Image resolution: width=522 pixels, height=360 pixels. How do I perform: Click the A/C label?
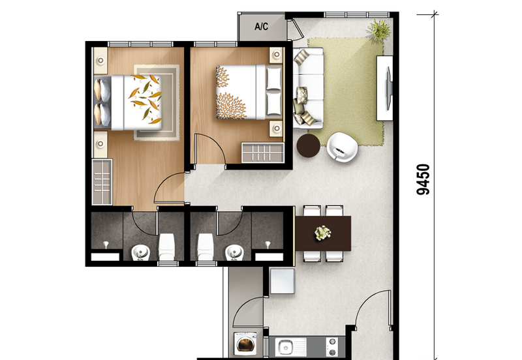tap(262, 26)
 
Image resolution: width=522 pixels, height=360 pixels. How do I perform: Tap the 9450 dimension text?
tap(423, 179)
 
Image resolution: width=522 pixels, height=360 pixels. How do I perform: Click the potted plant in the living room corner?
tap(380, 29)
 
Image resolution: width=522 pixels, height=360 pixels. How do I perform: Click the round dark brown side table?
tap(308, 145)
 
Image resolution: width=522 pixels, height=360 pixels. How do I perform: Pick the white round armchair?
tap(342, 147)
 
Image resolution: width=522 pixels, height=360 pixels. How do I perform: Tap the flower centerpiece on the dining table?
tap(322, 233)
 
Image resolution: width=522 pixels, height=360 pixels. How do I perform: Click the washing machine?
tap(245, 344)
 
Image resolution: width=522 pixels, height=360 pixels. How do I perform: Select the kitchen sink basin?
tap(286, 347)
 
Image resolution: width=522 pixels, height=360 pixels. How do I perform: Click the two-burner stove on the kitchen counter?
tap(332, 347)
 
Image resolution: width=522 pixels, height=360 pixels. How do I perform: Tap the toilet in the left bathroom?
tap(166, 247)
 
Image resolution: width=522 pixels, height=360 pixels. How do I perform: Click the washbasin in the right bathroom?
tap(234, 253)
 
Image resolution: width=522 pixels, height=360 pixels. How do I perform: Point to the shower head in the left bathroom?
tap(106, 245)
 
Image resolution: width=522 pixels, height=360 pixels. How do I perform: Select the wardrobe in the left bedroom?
tap(102, 182)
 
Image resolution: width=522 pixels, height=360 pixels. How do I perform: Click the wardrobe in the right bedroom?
tap(263, 153)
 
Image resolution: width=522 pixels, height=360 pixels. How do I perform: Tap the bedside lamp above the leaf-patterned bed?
tap(100, 61)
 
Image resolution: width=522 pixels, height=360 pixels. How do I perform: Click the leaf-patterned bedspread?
tap(142, 102)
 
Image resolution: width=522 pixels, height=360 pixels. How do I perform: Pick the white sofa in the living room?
tap(308, 88)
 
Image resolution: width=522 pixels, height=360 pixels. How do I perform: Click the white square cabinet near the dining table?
tap(283, 281)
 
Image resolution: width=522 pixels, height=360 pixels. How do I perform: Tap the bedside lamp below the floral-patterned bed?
tap(276, 128)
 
